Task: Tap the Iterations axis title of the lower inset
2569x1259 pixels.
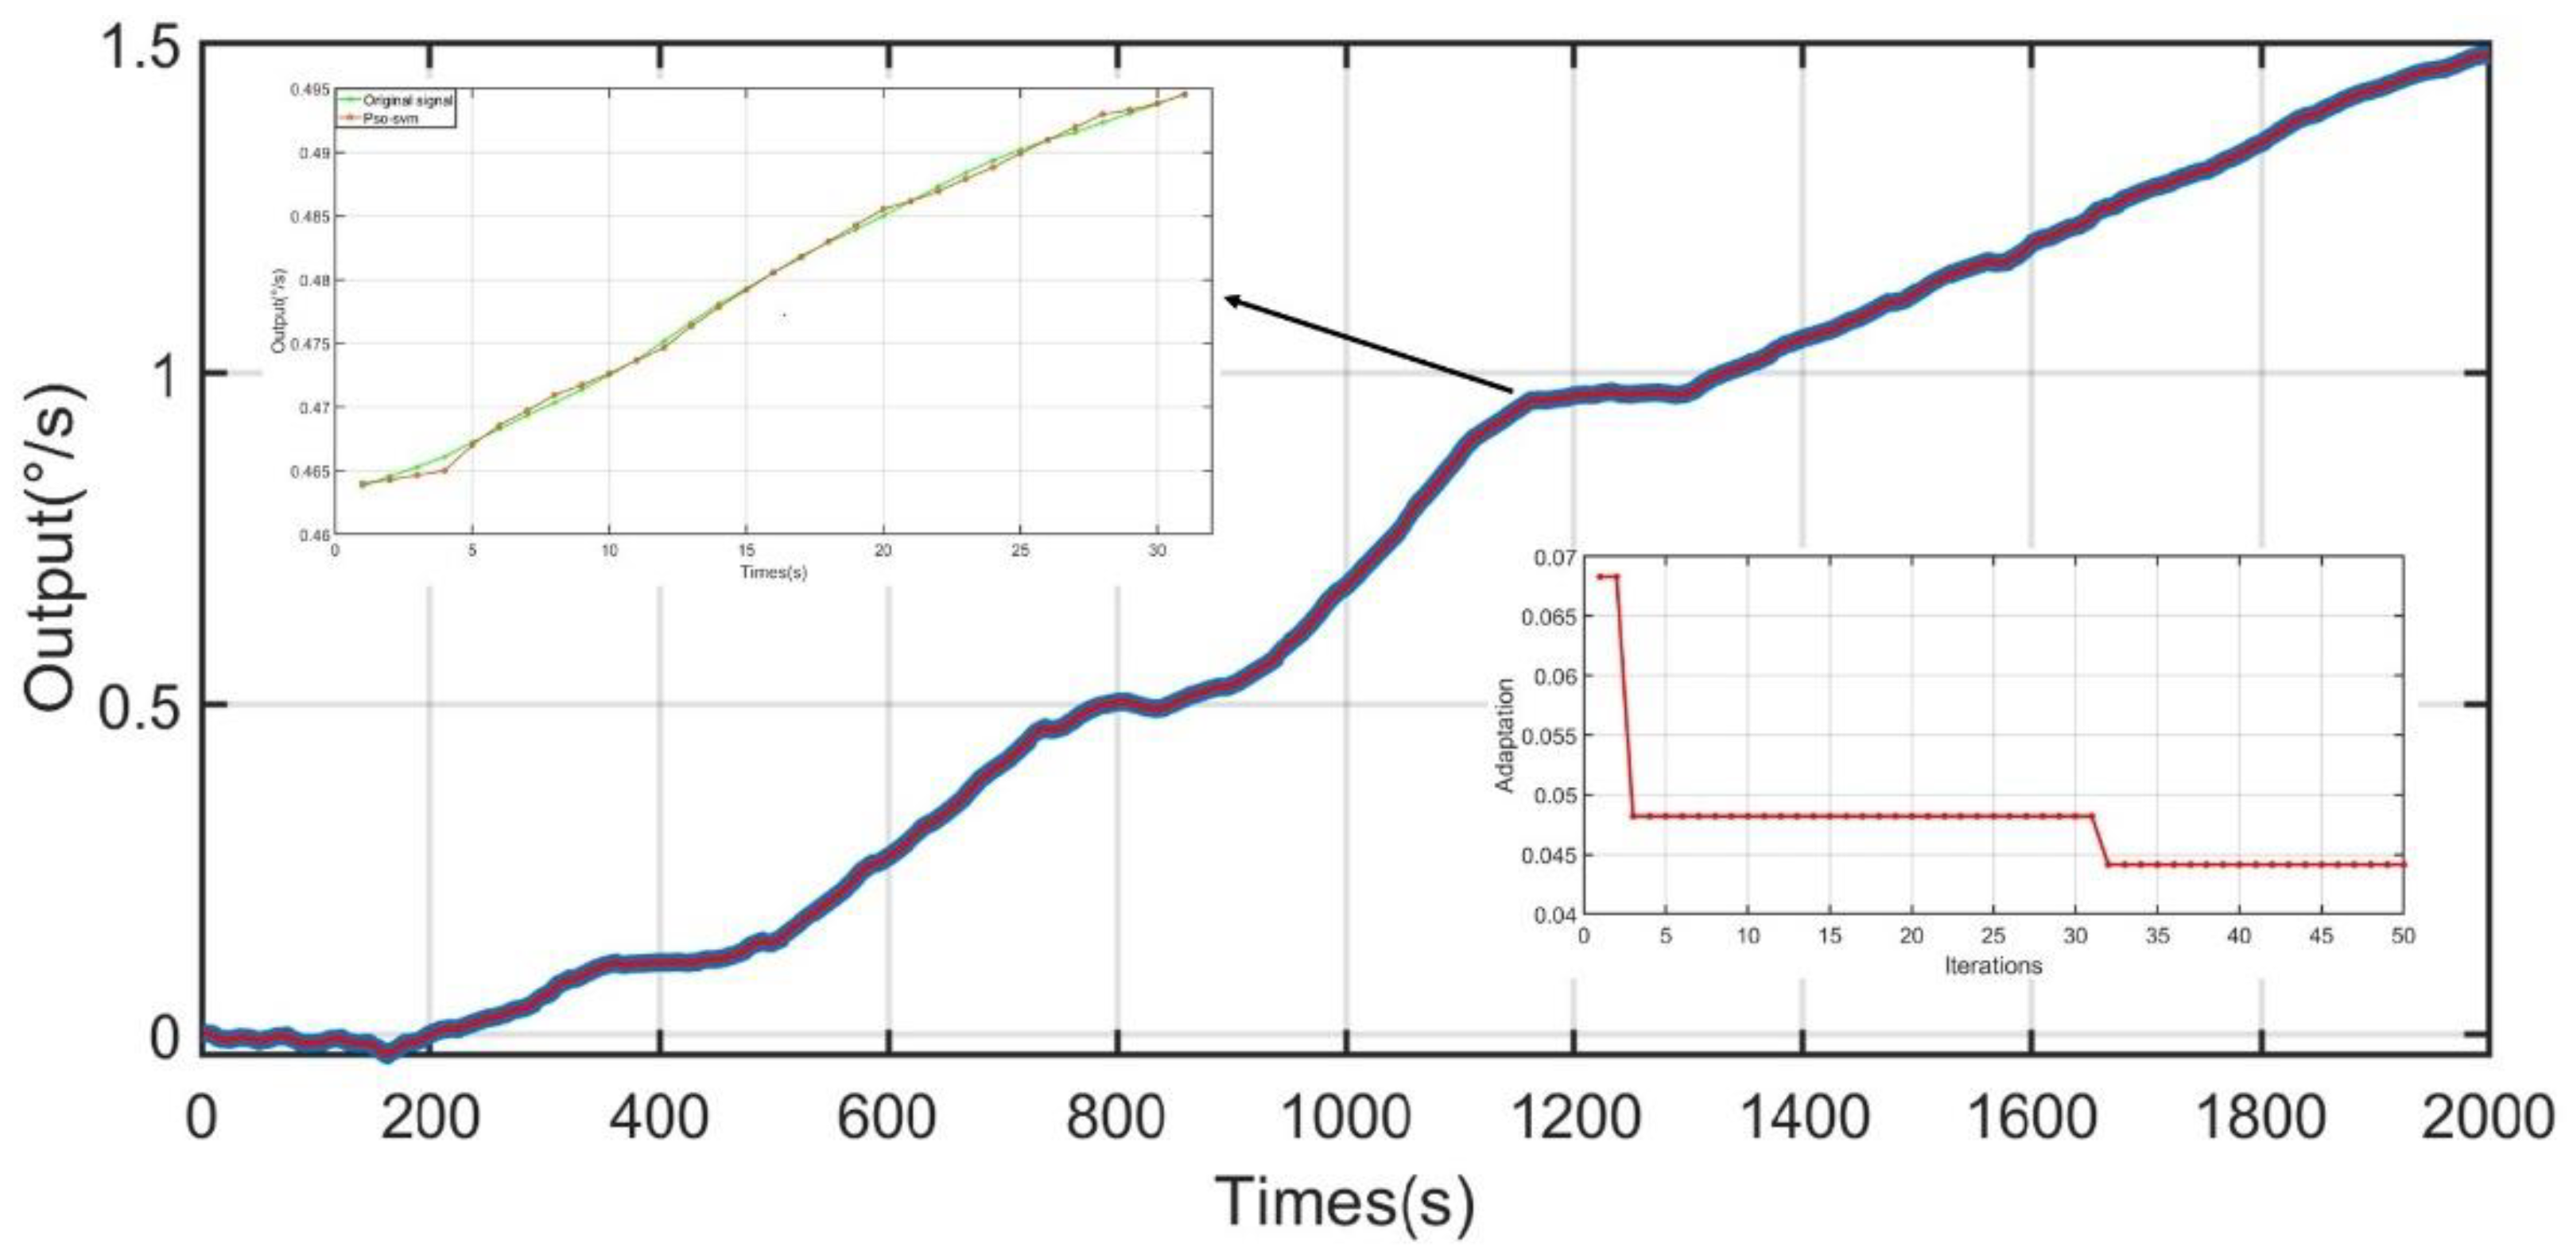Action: coord(1993,965)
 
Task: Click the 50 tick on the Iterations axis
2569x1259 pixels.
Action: coord(2404,936)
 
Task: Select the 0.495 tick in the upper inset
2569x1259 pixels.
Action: coord(312,91)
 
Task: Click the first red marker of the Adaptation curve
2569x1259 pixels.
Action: coord(1600,576)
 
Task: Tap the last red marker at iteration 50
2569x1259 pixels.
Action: coord(2404,864)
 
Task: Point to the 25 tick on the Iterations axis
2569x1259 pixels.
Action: coord(1993,936)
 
